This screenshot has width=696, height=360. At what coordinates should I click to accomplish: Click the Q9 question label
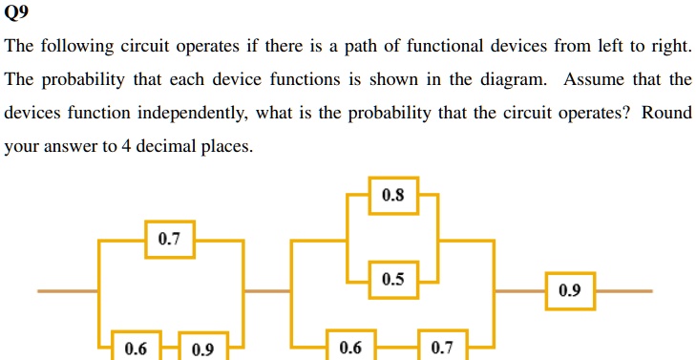pos(16,12)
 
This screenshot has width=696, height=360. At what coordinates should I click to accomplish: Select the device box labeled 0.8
pos(393,196)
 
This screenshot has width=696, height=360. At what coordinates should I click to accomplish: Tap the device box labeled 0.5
pos(393,280)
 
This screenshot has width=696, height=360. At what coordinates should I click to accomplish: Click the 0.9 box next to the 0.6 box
pos(203,347)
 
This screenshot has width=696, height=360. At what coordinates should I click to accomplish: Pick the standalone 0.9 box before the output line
pos(570,290)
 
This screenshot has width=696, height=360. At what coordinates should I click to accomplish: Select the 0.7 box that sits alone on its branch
pos(170,240)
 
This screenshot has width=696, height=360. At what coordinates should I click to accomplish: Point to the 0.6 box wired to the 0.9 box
pos(136,346)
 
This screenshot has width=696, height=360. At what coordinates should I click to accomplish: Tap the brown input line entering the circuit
pos(68,291)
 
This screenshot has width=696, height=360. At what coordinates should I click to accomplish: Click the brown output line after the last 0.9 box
pos(623,291)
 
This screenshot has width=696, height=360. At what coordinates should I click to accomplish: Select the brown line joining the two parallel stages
pos(267,291)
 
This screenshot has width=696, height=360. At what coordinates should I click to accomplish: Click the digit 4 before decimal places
pos(125,146)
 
